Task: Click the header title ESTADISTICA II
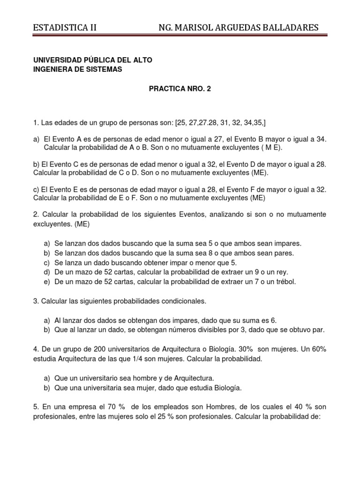point(65,28)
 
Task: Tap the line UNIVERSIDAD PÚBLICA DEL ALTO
point(92,60)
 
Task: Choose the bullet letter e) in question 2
point(47,281)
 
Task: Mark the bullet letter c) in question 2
point(47,262)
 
